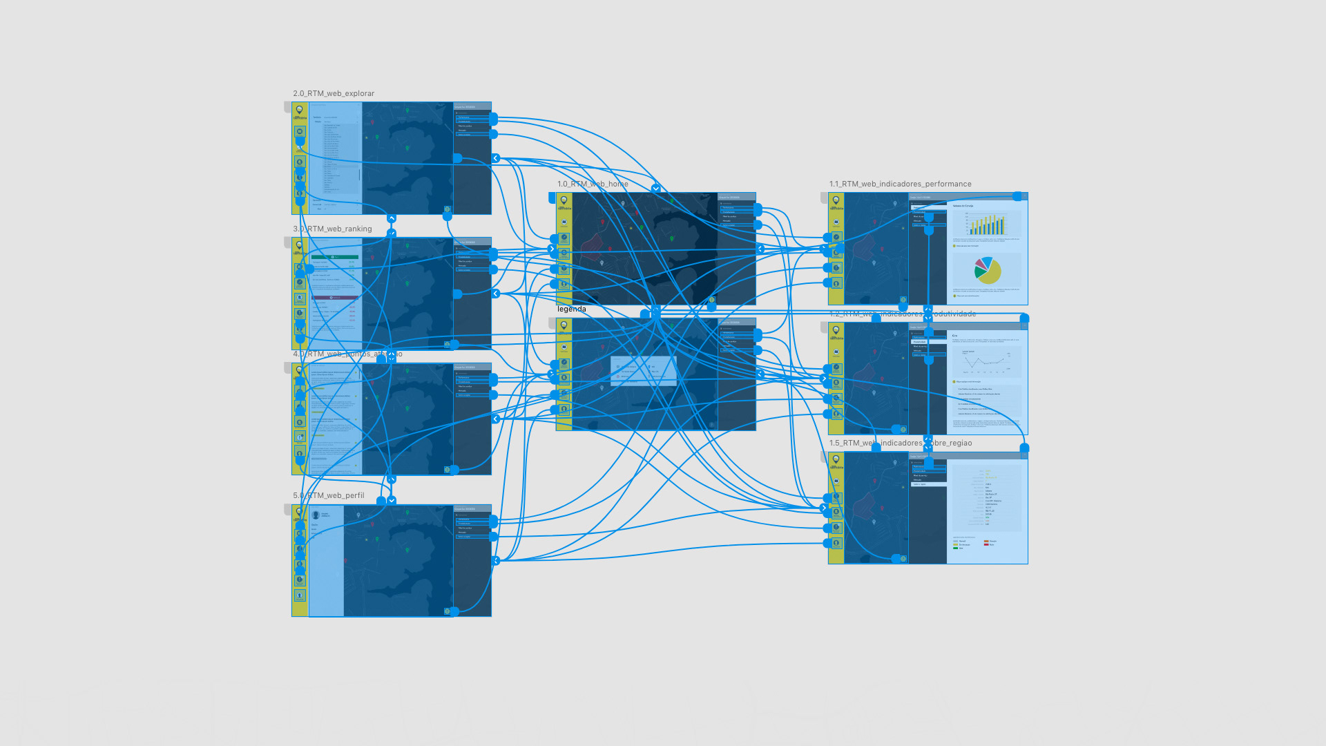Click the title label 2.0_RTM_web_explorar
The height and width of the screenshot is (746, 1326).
[334, 93]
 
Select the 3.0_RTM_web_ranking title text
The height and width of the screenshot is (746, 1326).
[332, 229]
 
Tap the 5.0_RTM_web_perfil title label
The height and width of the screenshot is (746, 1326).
[329, 495]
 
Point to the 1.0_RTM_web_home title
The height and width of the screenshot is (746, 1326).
[593, 184]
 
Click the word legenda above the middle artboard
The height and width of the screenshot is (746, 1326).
[572, 309]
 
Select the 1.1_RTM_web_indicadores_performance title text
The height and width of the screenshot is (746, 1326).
[900, 184]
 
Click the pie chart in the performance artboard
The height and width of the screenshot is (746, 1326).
[988, 270]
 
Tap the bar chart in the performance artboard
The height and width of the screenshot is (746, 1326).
[986, 224]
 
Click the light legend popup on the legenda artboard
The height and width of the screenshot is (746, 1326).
[643, 371]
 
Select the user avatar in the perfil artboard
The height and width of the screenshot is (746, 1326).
[316, 515]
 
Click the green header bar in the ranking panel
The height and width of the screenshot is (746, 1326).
[335, 257]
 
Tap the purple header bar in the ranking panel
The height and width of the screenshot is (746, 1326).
[335, 298]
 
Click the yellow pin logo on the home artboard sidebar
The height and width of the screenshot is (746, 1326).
[564, 200]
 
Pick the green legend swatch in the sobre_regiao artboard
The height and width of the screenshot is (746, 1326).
[956, 548]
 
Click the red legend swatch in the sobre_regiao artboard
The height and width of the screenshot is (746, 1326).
[986, 544]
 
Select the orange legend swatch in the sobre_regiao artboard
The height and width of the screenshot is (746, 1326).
[986, 541]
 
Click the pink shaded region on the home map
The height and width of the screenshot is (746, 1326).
[593, 243]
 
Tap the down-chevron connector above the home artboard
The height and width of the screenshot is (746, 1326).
[655, 189]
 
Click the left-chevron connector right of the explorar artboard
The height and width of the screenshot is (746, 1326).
[495, 158]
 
